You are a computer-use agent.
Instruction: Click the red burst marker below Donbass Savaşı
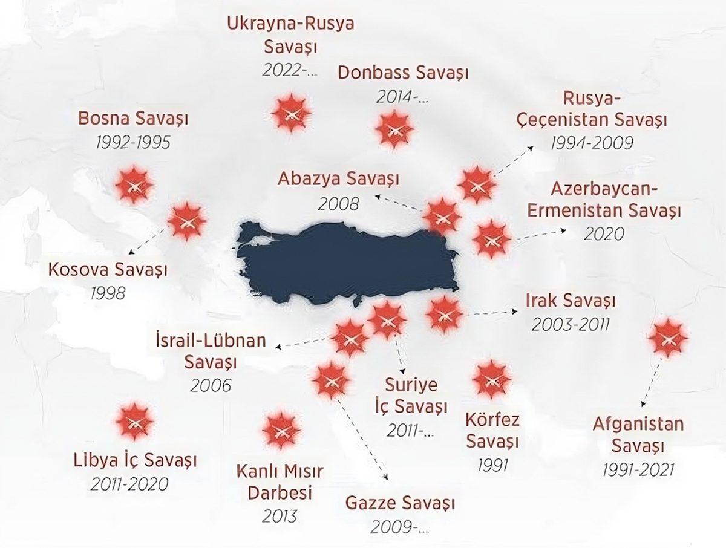click(394, 129)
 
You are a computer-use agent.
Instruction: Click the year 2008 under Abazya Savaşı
click(337, 203)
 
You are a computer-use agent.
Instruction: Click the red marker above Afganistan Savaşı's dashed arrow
click(667, 336)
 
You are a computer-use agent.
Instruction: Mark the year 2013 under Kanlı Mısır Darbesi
click(280, 516)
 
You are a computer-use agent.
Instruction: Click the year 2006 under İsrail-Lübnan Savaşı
click(210, 385)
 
